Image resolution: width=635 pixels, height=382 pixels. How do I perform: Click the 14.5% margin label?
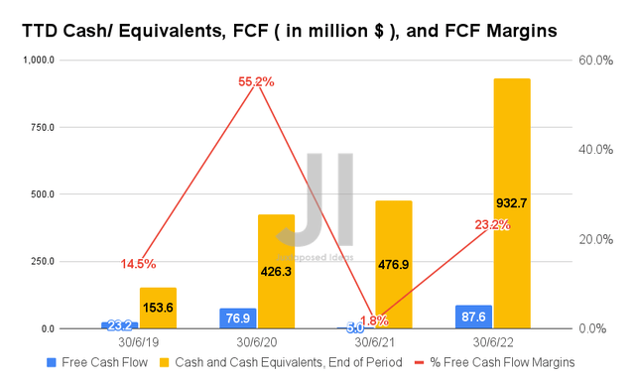[x=137, y=264]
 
